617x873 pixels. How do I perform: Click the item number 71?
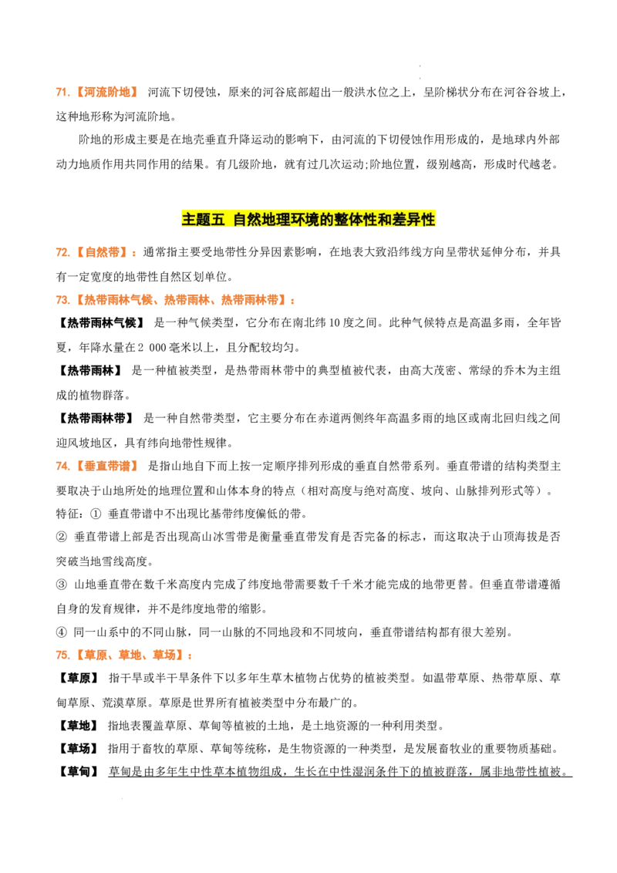[x=62, y=93]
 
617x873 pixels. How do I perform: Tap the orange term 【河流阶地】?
[x=106, y=93]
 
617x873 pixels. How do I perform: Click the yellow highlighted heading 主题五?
[x=204, y=219]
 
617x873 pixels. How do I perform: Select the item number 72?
[x=62, y=252]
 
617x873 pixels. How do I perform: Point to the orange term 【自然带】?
[x=101, y=252]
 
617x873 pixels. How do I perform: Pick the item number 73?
[x=62, y=300]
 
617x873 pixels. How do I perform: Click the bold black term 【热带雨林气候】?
[x=101, y=323]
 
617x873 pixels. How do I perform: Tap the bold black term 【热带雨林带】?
[x=95, y=418]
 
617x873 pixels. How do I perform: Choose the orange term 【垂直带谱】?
[x=106, y=466]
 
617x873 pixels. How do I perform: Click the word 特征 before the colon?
[x=67, y=514]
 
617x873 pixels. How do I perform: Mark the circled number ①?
[x=95, y=514]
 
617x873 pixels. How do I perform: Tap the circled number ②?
[x=61, y=537]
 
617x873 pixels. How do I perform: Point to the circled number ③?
[x=61, y=585]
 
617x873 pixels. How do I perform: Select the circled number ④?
[x=61, y=632]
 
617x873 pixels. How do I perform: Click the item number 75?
[x=62, y=656]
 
